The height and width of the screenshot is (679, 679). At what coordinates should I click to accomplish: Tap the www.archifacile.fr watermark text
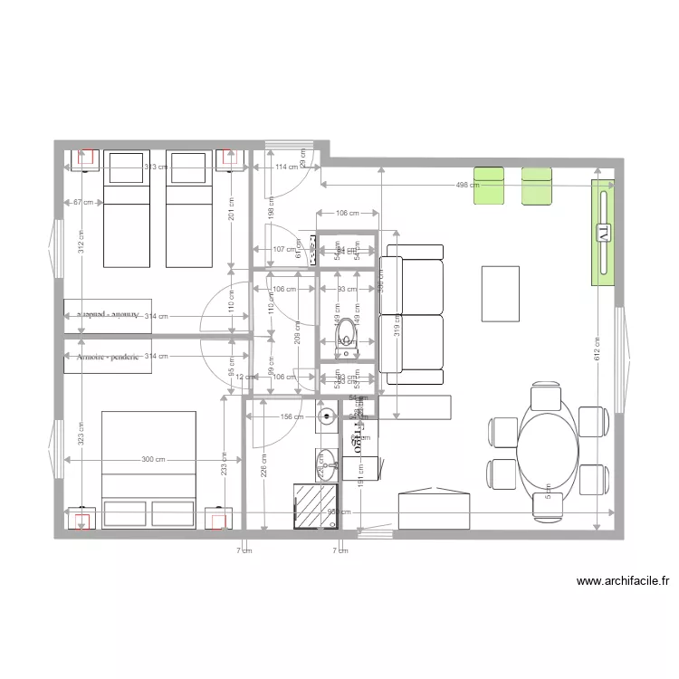point(621,582)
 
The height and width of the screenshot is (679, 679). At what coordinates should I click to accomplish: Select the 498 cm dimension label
point(467,185)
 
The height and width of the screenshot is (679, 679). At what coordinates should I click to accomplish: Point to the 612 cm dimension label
point(597,349)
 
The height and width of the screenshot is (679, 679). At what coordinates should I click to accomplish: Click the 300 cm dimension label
point(154,459)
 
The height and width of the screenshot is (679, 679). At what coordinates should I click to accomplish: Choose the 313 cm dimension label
point(157,167)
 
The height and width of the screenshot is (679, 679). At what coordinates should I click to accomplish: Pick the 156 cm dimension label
point(292,416)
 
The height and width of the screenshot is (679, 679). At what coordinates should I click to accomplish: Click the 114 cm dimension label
point(287,167)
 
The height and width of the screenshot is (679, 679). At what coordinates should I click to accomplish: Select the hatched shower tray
point(316,504)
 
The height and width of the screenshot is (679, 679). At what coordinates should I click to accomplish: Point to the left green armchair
point(489,186)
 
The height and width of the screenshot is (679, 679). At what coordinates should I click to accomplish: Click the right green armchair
point(536,186)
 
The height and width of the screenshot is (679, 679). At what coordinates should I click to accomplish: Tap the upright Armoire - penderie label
point(109,357)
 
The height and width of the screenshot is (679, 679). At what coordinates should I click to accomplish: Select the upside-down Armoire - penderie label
point(109,315)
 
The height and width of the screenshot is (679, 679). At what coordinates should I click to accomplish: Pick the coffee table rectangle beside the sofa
point(501,292)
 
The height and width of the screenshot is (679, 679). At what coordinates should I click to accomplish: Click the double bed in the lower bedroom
point(149,469)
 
